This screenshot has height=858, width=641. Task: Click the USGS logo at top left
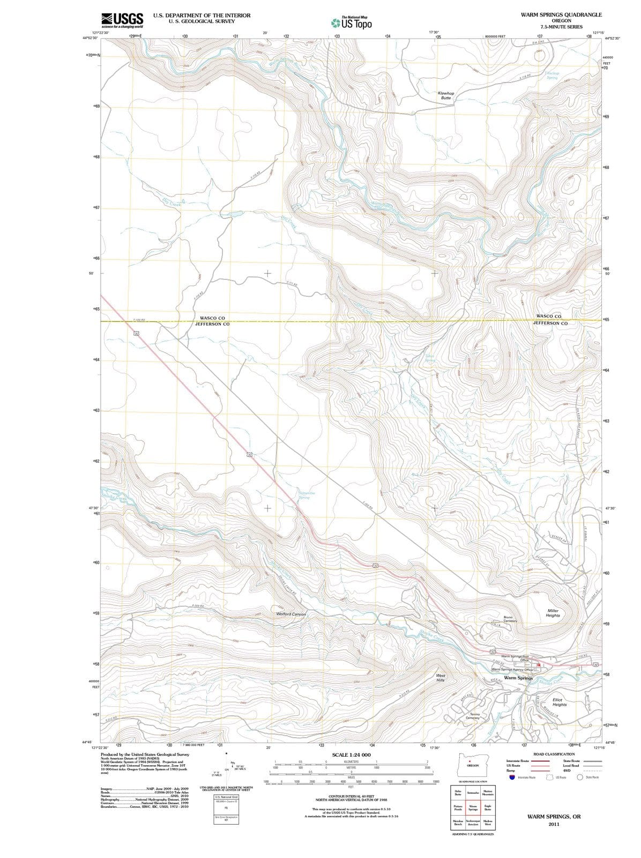(122, 20)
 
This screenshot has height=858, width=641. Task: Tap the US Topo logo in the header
(352, 23)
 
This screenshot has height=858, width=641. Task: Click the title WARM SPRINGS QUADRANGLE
(561, 14)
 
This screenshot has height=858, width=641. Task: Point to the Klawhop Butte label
(445, 95)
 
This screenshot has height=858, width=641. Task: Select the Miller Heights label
(553, 613)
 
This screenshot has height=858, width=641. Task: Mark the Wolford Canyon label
(290, 613)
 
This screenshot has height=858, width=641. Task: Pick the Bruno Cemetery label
(510, 619)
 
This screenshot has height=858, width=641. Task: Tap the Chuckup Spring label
(552, 76)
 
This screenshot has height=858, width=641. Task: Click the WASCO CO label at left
(212, 318)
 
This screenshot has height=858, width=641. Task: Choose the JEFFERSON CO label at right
(550, 323)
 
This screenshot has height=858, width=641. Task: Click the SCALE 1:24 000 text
(351, 755)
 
